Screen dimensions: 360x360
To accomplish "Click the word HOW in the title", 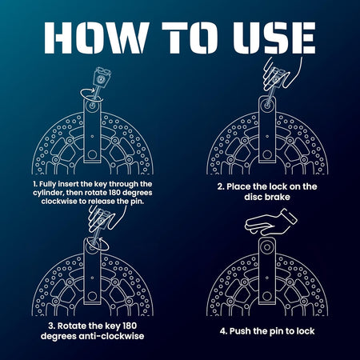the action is pyautogui.click(x=96, y=38).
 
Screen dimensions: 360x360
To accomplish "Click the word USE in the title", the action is pyautogui.click(x=274, y=38).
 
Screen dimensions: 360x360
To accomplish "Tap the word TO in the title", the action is pyautogui.click(x=190, y=38).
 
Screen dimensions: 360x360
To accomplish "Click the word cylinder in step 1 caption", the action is pyautogui.click(x=48, y=193).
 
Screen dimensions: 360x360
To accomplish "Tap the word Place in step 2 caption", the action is pyautogui.click(x=238, y=186).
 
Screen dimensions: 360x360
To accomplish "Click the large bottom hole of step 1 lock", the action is pyautogui.click(x=92, y=154).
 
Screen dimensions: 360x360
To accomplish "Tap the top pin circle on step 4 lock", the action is pyautogui.click(x=267, y=247).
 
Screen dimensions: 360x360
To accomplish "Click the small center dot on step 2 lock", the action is pyautogui.click(x=267, y=137).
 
